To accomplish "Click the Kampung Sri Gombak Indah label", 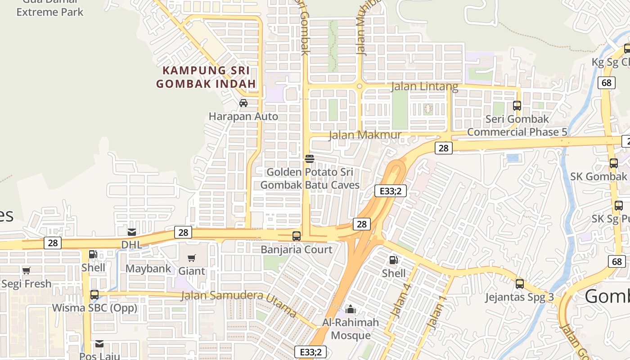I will [x=206, y=77].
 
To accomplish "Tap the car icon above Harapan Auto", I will [x=243, y=103].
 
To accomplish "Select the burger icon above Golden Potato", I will [x=310, y=158].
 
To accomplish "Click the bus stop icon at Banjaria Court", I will [x=297, y=236].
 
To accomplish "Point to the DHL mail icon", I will [x=132, y=232].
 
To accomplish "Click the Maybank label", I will [x=148, y=269].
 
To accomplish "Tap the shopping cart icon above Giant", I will [x=192, y=258].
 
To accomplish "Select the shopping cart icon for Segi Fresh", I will [x=27, y=271].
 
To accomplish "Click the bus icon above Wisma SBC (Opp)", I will [x=94, y=295].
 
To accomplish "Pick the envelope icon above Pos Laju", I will [x=99, y=344].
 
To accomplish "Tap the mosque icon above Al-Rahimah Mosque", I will [x=351, y=309].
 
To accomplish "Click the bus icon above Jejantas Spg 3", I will [x=520, y=284].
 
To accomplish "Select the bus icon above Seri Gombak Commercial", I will [x=517, y=106].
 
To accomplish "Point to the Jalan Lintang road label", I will [x=424, y=86].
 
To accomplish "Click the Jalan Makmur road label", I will [x=365, y=135].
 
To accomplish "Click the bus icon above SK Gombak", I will [x=614, y=163].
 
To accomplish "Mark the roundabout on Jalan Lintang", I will [x=360, y=86].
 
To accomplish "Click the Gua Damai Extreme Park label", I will [x=49, y=9].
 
